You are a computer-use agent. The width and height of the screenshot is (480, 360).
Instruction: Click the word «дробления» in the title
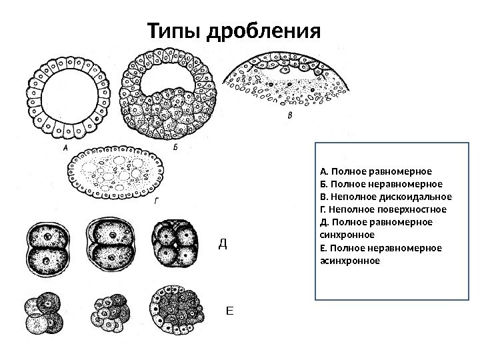(x=265, y=31)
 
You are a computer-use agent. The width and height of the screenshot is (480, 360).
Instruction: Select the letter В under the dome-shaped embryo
(x=289, y=115)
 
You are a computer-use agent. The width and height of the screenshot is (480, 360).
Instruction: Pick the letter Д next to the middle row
(x=223, y=245)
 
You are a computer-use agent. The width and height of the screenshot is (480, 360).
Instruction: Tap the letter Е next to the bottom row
(x=231, y=311)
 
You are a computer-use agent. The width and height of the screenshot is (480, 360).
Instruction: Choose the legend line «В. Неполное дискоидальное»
(x=385, y=197)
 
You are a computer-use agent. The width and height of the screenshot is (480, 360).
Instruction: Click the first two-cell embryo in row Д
(x=46, y=246)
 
